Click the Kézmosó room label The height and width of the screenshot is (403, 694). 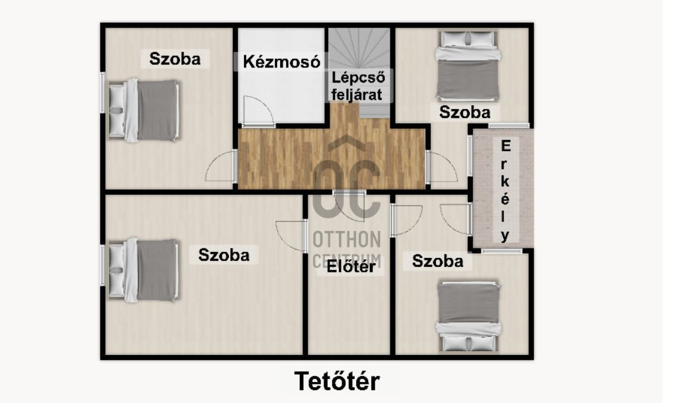pos(281,62)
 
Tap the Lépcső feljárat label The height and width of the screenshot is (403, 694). pos(358,86)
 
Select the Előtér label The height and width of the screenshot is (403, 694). pos(351,266)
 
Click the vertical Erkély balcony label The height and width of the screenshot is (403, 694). pos(505,191)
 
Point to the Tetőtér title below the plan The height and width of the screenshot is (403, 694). pos(337,381)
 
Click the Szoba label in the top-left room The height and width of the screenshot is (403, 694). pos(175,59)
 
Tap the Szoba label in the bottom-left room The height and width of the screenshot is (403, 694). pos(224,255)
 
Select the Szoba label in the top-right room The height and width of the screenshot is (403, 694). pos(464,112)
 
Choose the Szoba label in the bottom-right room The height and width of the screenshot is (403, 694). pos(438,261)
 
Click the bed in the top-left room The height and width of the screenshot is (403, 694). pos(143,111)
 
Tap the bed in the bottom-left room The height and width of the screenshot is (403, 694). pos(143,270)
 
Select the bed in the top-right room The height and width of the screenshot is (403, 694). pos(468,65)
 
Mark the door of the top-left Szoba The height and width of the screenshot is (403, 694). pos(220,165)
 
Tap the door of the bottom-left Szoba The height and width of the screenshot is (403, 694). pos(291,236)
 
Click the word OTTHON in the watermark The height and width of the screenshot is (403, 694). pos(346,239)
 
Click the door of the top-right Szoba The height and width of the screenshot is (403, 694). pos(442,166)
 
